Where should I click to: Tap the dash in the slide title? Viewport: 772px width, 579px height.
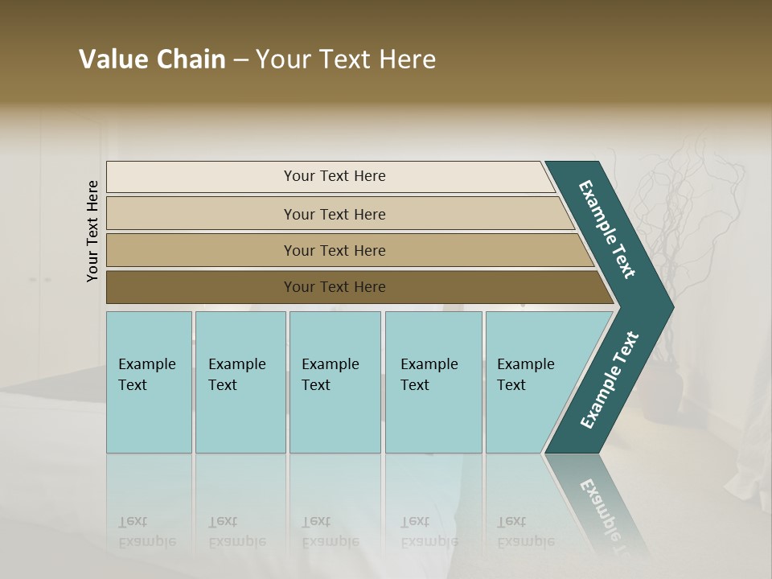(x=240, y=60)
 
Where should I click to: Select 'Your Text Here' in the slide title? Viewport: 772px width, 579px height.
(x=346, y=60)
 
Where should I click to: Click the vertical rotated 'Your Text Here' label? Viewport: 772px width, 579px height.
(x=92, y=231)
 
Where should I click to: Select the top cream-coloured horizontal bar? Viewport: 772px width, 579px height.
(x=330, y=176)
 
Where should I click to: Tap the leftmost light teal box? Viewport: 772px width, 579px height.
(x=149, y=382)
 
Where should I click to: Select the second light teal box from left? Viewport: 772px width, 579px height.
(x=240, y=382)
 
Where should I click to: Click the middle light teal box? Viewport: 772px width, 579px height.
(x=335, y=382)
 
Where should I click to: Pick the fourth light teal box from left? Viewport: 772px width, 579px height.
(x=433, y=382)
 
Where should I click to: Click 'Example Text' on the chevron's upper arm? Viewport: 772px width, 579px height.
(x=607, y=229)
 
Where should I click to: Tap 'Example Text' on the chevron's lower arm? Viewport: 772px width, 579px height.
(x=609, y=380)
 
